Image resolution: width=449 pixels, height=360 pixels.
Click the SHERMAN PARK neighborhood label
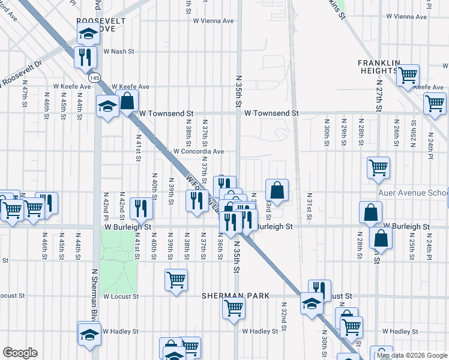pyautogui.click(x=235, y=296)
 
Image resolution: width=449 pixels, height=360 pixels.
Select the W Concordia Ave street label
pyautogui.click(x=199, y=152)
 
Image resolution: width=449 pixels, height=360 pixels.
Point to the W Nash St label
pyautogui.click(x=116, y=52)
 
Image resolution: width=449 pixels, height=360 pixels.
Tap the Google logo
pyautogui.click(x=20, y=353)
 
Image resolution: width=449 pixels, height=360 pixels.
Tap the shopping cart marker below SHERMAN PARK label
pyautogui.click(x=233, y=307)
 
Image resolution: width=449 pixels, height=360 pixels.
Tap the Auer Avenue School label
pyautogui.click(x=413, y=193)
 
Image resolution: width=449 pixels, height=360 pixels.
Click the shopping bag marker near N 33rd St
pyautogui.click(x=277, y=190)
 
